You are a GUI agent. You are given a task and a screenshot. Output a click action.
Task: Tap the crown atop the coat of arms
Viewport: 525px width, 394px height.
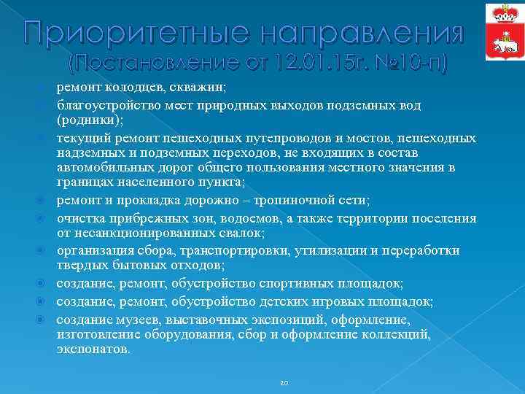pyautogui.click(x=502, y=12)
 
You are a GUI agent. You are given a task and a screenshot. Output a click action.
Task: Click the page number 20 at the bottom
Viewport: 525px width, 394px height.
pyautogui.click(x=284, y=382)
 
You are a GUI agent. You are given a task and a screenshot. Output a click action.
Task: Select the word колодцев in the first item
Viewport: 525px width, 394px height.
pyautogui.click(x=136, y=88)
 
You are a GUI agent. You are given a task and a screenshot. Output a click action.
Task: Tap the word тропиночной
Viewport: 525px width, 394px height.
pyautogui.click(x=289, y=202)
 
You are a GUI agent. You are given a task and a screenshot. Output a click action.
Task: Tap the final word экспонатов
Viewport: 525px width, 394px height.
pyautogui.click(x=93, y=349)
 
